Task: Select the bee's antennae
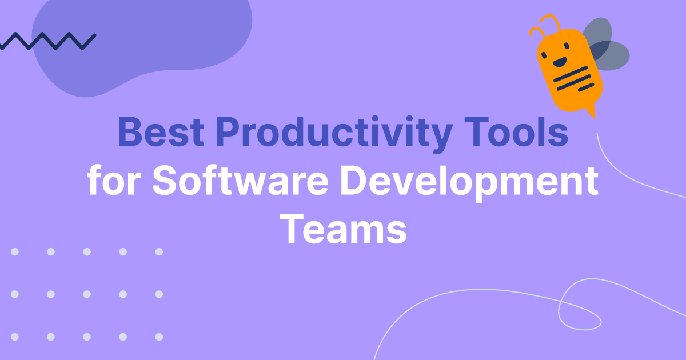click(x=544, y=26)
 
